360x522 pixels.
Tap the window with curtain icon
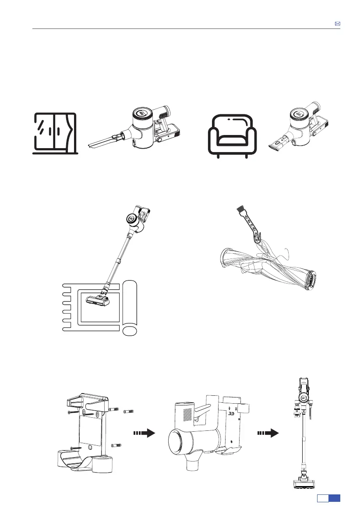(x=56, y=133)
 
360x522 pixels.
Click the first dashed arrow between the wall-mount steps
(x=145, y=433)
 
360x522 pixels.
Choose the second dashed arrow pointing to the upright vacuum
(x=269, y=433)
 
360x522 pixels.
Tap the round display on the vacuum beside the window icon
(x=142, y=114)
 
